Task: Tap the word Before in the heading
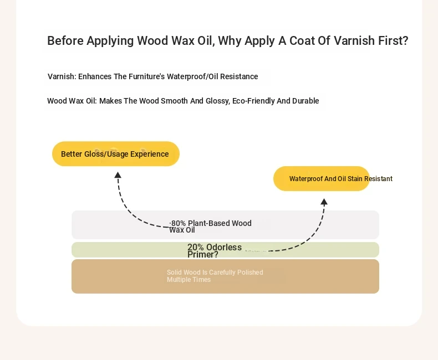65,41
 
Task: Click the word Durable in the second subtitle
305,101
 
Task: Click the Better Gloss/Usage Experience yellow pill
116,154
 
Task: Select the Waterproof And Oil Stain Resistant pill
322,178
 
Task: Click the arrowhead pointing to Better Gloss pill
118,175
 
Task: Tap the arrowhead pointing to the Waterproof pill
324,202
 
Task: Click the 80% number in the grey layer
178,223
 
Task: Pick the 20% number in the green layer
196,247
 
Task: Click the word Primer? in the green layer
203,255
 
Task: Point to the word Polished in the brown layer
250,272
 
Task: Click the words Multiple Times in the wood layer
189,280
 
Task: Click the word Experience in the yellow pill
150,154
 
